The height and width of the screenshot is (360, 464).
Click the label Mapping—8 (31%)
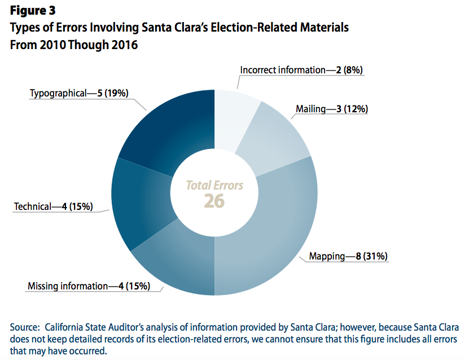click(x=348, y=257)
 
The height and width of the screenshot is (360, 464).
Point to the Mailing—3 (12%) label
click(x=332, y=109)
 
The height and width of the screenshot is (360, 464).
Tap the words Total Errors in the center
click(x=215, y=185)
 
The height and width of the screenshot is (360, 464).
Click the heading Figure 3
click(x=33, y=10)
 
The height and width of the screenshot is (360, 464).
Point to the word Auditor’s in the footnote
click(x=139, y=327)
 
